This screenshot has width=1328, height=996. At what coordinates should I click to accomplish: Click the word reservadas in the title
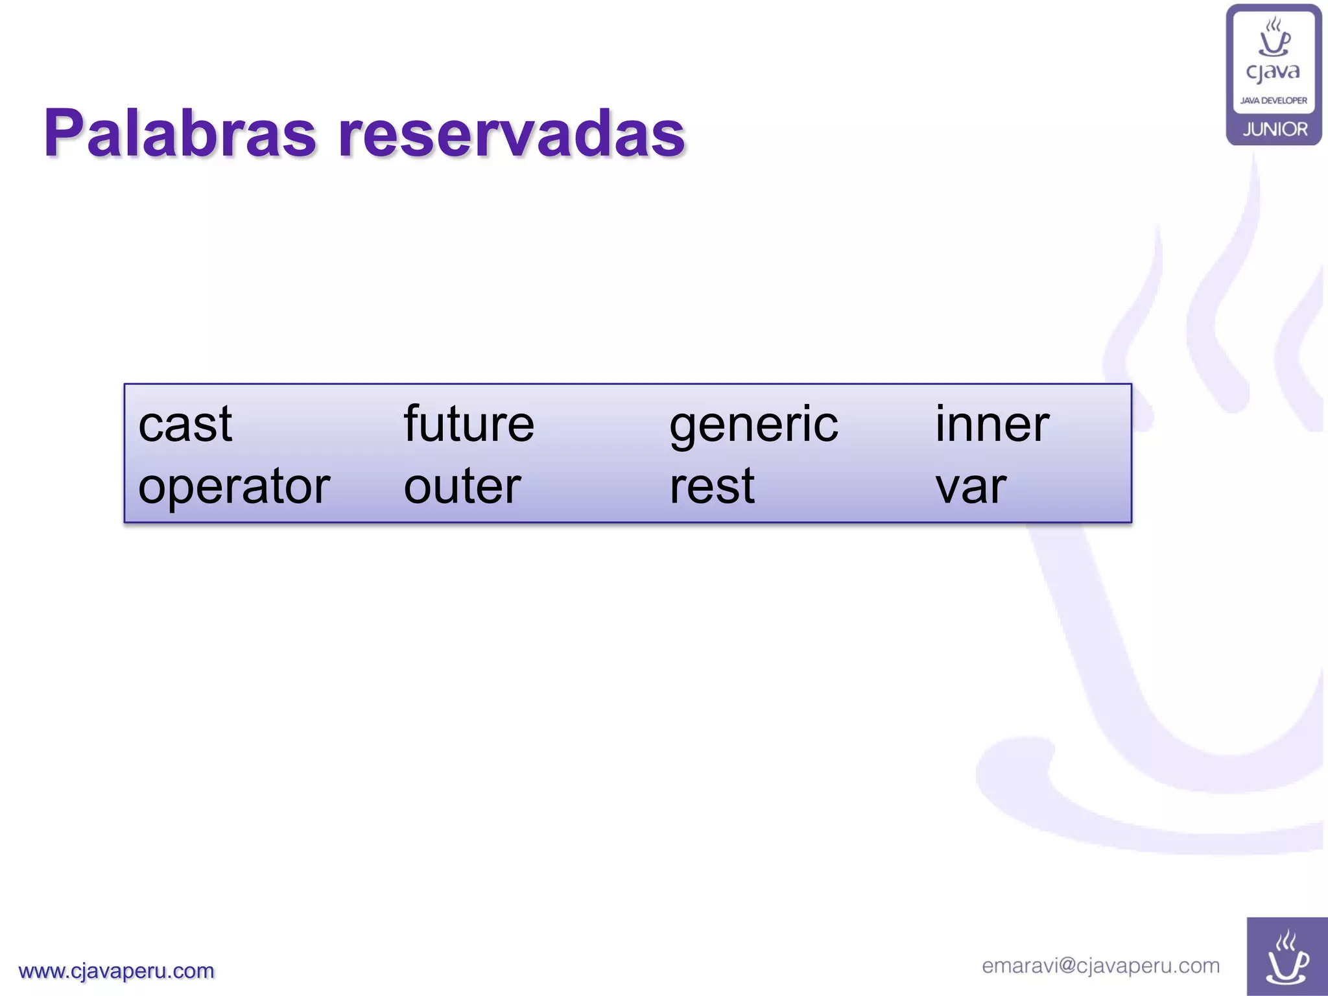click(x=512, y=134)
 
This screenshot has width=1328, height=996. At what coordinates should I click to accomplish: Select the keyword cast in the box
click(x=185, y=424)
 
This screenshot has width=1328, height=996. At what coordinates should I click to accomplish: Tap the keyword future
click(x=468, y=424)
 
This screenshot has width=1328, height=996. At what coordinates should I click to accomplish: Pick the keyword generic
click(x=753, y=425)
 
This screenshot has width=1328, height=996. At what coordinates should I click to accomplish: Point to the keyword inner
click(x=991, y=424)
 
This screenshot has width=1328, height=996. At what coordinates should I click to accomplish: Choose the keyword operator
click(x=234, y=487)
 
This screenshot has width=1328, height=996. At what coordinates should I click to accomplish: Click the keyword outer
click(x=462, y=486)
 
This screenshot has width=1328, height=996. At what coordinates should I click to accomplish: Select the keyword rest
click(x=711, y=486)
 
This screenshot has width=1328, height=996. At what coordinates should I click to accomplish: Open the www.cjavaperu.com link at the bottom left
click(x=117, y=971)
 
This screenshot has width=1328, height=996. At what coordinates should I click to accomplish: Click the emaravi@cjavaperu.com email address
click(x=1100, y=966)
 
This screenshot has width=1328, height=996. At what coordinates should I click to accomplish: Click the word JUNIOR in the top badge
click(x=1275, y=129)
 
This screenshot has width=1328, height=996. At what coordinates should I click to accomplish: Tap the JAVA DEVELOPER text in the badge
click(x=1274, y=101)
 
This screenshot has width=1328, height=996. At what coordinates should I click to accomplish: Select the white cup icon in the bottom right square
click(x=1287, y=958)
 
